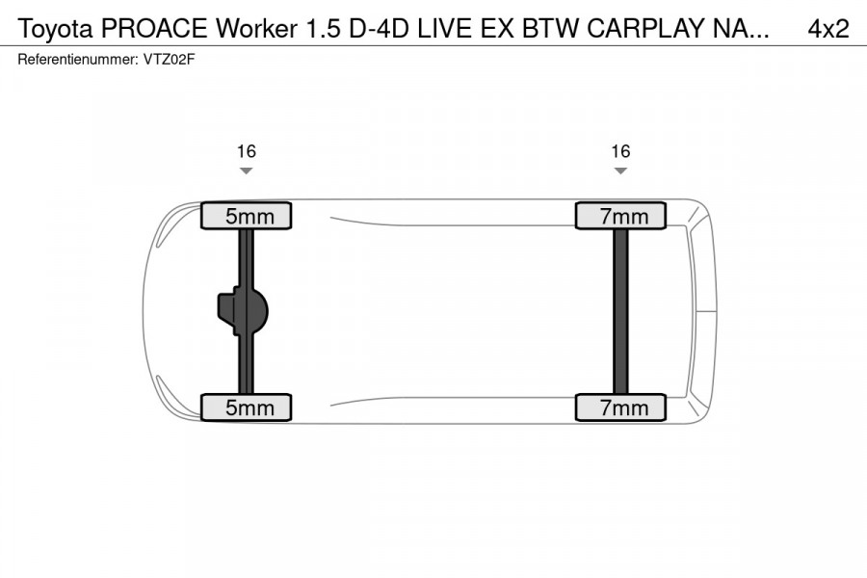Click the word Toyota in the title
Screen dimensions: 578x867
55,29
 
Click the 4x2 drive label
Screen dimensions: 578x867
828,29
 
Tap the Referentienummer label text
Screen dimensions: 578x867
73,60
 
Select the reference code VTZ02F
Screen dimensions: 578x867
171,60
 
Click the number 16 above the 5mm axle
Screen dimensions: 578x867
247,151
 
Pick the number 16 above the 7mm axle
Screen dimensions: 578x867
620,151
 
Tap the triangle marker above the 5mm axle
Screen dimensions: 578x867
247,171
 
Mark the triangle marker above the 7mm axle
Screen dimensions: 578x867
620,171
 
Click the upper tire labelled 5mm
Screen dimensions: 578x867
246,216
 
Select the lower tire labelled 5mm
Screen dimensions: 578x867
246,407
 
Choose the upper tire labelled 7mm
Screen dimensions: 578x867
620,216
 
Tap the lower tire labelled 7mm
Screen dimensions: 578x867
620,407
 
